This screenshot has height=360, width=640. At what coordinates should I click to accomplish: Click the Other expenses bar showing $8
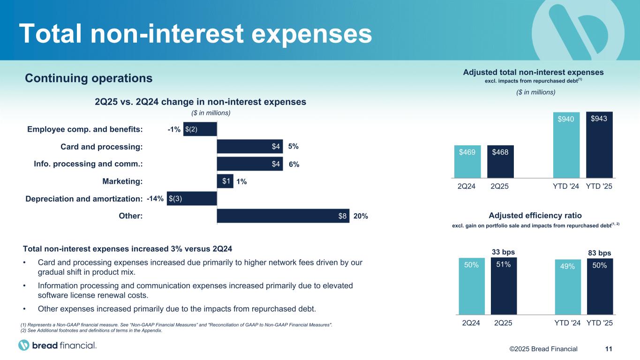283,216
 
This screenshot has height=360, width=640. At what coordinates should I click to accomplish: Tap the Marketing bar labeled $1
225,181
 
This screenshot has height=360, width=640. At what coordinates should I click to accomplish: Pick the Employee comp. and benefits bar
200,129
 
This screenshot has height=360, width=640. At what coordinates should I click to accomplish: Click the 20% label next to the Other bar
361,216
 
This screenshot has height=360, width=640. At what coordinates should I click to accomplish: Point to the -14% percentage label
155,199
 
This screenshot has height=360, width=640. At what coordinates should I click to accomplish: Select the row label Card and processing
102,147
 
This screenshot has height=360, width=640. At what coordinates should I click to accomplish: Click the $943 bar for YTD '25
600,145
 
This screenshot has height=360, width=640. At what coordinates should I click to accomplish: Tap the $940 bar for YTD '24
566,145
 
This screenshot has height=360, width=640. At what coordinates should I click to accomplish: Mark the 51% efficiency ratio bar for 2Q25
504,286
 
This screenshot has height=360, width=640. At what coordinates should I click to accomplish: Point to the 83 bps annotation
600,253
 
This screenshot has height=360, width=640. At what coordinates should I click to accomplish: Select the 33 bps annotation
504,251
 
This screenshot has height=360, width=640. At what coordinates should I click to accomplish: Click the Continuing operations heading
89,78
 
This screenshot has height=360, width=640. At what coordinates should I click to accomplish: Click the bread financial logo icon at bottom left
24,345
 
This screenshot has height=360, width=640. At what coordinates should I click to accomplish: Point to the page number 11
609,349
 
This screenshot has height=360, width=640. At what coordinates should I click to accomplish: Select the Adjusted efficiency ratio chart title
535,216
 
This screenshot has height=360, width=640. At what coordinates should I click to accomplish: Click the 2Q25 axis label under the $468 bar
500,186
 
